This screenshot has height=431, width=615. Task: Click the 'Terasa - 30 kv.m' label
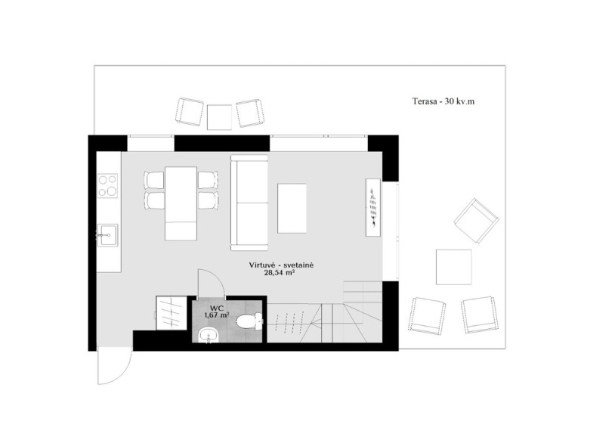click(443, 101)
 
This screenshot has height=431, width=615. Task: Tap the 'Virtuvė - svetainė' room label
click(281, 265)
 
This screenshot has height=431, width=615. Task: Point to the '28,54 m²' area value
click(280, 272)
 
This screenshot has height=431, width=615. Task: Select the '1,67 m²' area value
click(217, 315)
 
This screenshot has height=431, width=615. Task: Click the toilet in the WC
click(249, 321)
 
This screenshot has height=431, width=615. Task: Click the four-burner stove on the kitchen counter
click(108, 186)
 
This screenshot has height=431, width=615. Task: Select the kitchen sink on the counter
click(107, 235)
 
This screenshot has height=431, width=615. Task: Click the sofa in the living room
click(249, 203)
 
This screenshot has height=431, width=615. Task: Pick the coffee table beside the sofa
click(292, 209)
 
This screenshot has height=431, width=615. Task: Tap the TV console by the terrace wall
click(373, 207)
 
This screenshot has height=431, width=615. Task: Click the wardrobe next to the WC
click(171, 313)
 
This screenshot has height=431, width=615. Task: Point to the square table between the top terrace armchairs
click(219, 117)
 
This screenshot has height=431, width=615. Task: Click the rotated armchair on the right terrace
click(477, 221)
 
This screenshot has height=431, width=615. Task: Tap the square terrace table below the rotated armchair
click(454, 267)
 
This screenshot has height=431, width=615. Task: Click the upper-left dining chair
click(154, 180)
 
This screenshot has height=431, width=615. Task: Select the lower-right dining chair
click(208, 200)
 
